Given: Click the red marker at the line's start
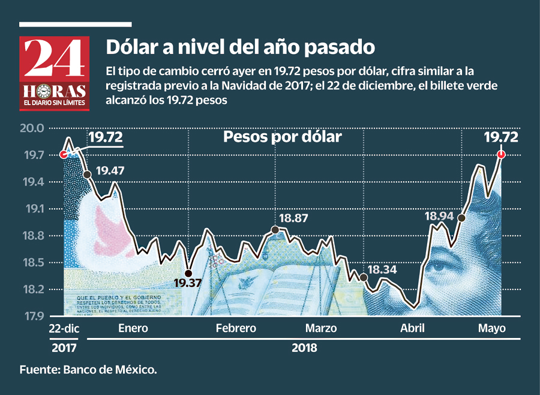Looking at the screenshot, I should (x=64, y=154).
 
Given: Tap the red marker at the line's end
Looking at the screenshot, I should (x=502, y=154).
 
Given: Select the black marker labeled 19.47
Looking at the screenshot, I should (x=88, y=174).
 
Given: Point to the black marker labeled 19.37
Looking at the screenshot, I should (x=188, y=273).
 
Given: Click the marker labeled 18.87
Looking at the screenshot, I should (x=275, y=230).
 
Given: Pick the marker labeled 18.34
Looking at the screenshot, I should (x=363, y=277).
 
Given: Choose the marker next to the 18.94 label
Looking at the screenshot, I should (x=461, y=218).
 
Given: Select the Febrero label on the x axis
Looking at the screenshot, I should (x=236, y=328).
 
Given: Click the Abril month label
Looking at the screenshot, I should (x=412, y=328).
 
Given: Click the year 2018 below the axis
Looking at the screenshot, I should (x=305, y=348).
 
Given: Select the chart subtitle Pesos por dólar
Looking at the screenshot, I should (x=282, y=137).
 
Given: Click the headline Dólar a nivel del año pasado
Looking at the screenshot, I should (x=241, y=46).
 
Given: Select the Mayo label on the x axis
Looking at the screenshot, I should (x=492, y=328).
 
